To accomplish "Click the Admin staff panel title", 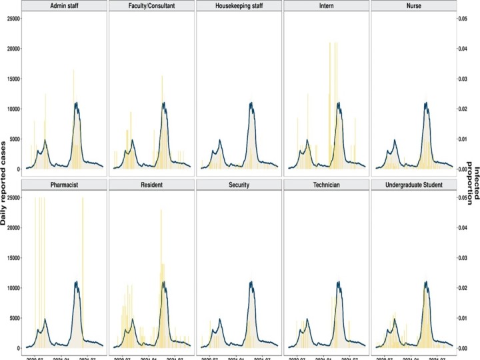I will click(64, 6).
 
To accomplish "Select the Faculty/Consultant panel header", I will click(151, 6).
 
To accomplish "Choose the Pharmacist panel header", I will click(64, 185).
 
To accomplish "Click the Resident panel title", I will click(151, 185).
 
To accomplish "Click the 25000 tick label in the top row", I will click(11, 19).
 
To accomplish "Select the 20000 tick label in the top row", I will click(11, 49).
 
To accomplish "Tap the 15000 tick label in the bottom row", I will click(11, 257).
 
